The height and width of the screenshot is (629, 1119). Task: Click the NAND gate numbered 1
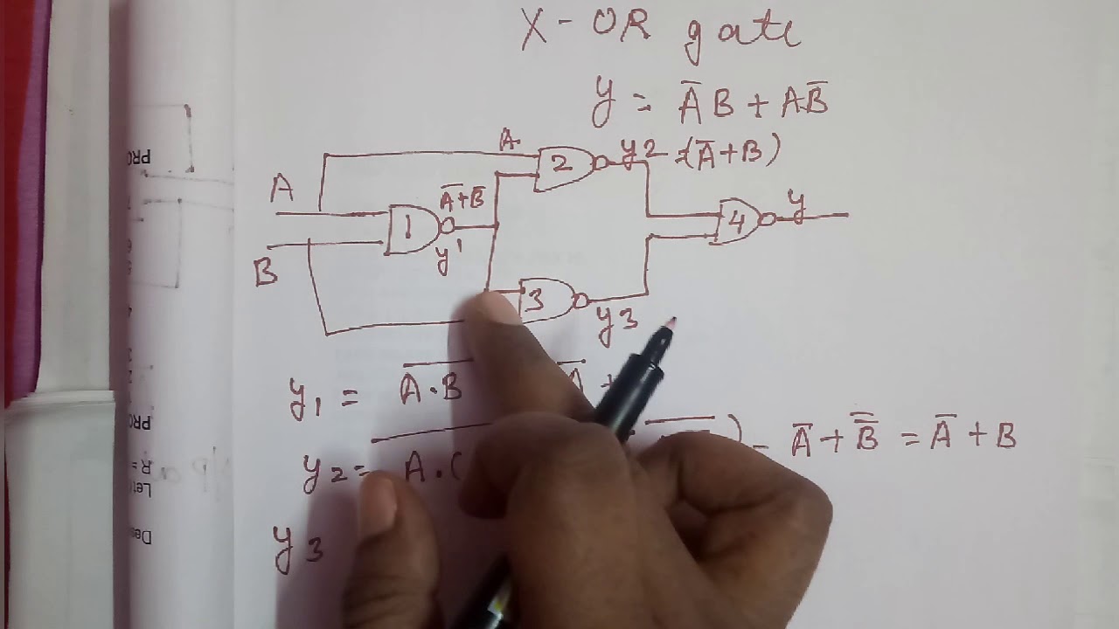coord(411,230)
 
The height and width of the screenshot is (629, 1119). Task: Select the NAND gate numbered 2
coord(565,167)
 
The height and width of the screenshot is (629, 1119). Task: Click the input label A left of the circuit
coord(281,189)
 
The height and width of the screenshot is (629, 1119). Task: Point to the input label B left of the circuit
coord(266,273)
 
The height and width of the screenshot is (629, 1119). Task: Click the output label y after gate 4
coord(796,203)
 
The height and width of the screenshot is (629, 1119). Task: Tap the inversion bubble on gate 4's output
coord(767,220)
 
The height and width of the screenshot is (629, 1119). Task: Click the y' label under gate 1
coord(448,258)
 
